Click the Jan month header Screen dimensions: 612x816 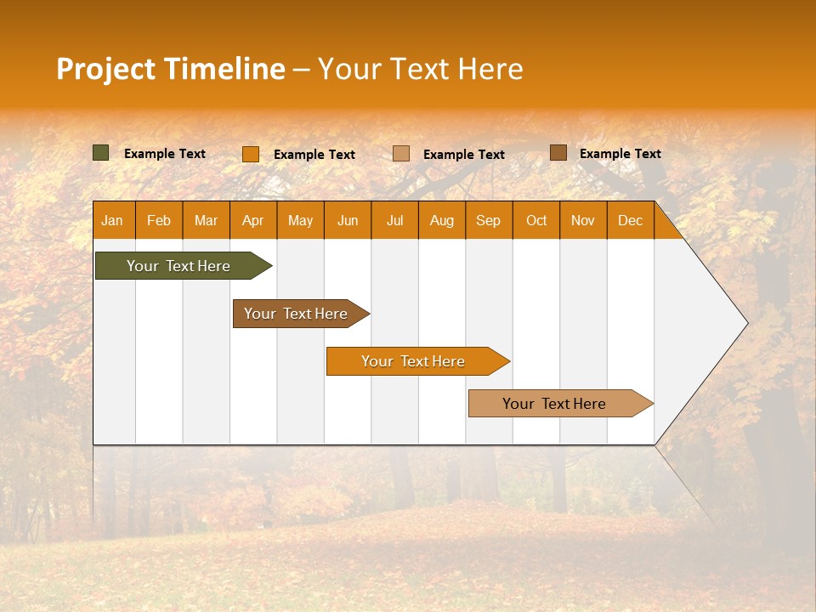point(112,220)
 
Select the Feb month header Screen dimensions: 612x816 point(159,220)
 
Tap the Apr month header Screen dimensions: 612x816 point(252,220)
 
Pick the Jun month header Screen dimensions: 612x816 point(348,220)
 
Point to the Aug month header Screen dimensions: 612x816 point(441,220)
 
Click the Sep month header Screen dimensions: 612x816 point(488,220)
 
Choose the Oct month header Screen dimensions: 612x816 point(536,220)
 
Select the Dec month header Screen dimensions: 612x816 point(630,220)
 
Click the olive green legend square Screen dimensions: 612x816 point(100,153)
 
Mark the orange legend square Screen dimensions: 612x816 point(250,154)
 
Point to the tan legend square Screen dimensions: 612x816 point(401,154)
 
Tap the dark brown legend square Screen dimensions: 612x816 point(558,153)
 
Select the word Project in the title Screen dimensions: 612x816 point(105,69)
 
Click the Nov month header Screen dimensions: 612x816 point(583,220)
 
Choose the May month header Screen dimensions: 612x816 point(300,220)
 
